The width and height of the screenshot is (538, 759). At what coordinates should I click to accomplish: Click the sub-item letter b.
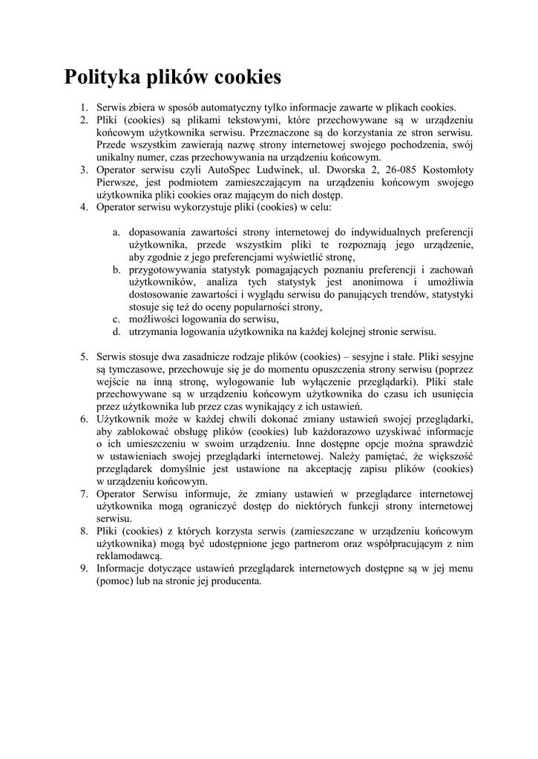pyautogui.click(x=117, y=270)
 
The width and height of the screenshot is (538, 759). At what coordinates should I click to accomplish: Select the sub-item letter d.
pyautogui.click(x=117, y=332)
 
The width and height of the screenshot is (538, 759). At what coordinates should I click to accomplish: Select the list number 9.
pyautogui.click(x=85, y=569)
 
